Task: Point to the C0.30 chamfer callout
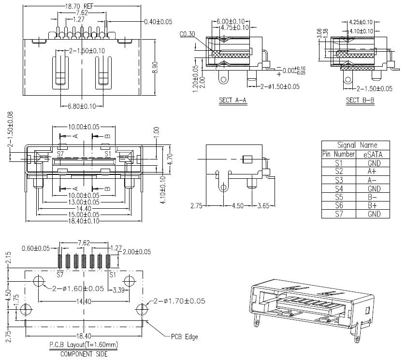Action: point(187,34)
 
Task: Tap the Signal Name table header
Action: point(357,145)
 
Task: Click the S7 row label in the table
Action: point(339,214)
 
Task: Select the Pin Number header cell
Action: point(339,154)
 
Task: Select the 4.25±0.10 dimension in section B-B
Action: point(361,22)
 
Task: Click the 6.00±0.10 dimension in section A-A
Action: point(231,21)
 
